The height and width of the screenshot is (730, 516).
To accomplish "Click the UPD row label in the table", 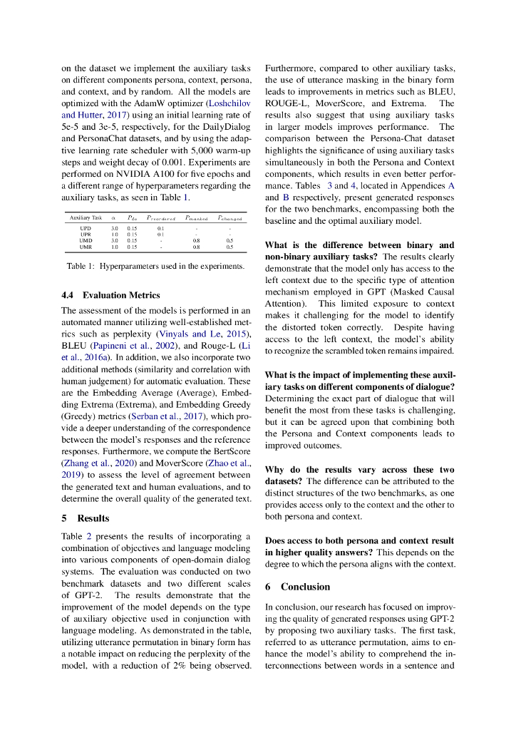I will point(86,227).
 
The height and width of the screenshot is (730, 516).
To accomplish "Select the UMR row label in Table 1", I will point(86,247).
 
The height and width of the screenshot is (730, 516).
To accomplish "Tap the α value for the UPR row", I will point(114,234).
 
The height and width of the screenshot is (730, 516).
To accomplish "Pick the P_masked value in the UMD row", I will point(196,240).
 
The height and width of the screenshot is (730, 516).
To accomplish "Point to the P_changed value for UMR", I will point(229,247).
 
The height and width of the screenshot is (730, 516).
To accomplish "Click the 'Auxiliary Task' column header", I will point(86,217).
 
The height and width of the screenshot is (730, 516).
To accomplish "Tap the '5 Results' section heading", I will point(86,518).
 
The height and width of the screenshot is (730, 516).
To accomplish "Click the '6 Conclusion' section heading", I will point(297,587).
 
